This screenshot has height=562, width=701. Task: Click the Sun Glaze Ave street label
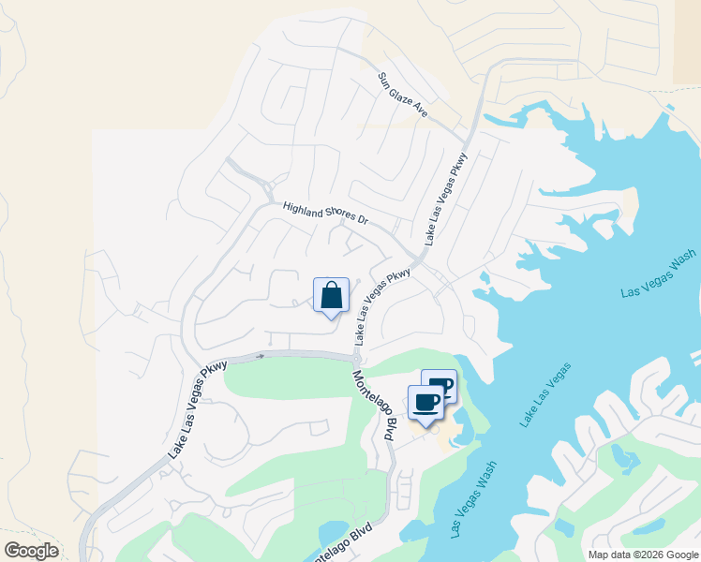point(402,95)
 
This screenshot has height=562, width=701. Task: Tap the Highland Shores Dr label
point(326,213)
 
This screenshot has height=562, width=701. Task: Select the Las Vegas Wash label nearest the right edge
point(659,274)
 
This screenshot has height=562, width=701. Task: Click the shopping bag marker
point(331,296)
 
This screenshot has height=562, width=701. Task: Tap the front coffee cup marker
point(425,403)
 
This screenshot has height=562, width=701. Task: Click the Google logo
point(31,551)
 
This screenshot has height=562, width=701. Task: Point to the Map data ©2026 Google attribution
point(643,555)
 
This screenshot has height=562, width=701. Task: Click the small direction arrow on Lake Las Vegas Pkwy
point(261,357)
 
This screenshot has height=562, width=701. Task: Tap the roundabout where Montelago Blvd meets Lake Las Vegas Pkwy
point(357,356)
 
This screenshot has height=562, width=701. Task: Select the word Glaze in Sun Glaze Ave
point(404,96)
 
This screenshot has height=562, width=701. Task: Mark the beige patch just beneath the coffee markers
point(452,433)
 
